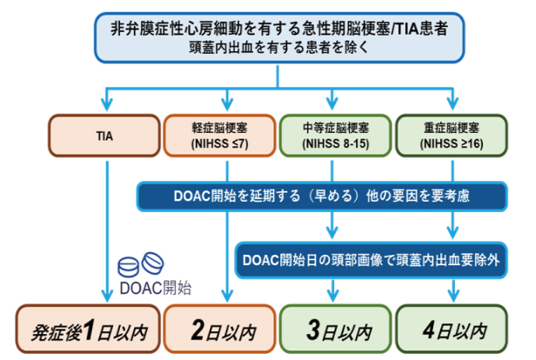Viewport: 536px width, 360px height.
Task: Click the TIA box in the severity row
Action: pyautogui.click(x=104, y=136)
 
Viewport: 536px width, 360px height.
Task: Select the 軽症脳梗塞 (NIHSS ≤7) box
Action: pyautogui.click(x=219, y=136)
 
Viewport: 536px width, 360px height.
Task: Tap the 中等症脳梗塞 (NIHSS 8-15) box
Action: pyautogui.click(x=335, y=136)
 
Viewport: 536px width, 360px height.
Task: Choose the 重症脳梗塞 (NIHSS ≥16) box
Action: pyautogui.click(x=452, y=136)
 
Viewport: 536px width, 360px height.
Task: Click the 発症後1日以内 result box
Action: pyautogui.click(x=88, y=329)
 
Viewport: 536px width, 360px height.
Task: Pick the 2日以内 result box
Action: pyautogui.click(x=219, y=329)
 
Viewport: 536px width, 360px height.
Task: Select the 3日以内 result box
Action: pyautogui.click(x=335, y=329)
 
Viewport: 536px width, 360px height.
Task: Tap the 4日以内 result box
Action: pyautogui.click(x=452, y=329)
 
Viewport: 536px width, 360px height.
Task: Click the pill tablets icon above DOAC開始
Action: pyautogui.click(x=141, y=264)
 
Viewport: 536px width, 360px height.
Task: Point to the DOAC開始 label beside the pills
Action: pyautogui.click(x=156, y=288)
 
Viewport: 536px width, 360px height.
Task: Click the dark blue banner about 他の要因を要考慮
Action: pyautogui.click(x=322, y=197)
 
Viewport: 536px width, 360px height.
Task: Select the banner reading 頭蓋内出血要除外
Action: pyautogui.click(x=371, y=260)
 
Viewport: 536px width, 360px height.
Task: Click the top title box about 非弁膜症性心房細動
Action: pyautogui.click(x=279, y=37)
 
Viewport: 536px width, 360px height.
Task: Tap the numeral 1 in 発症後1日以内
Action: pyautogui.click(x=89, y=330)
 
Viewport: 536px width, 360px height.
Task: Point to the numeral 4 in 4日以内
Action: pyautogui.click(x=429, y=330)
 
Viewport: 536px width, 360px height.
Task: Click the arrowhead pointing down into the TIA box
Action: pyautogui.click(x=107, y=103)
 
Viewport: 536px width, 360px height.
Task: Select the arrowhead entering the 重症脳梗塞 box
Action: pyautogui.click(x=452, y=103)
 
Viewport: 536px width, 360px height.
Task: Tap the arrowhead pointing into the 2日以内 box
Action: pyautogui.click(x=227, y=296)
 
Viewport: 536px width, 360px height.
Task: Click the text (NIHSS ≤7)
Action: pyautogui.click(x=219, y=143)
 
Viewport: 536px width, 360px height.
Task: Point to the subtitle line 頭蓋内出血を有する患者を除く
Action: pyautogui.click(x=278, y=47)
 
